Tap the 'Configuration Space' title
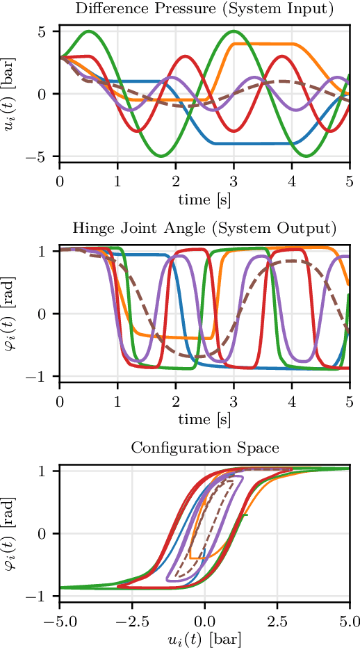tap(204, 447)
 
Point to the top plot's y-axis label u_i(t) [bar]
tap(12, 93)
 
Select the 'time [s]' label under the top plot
tap(204, 200)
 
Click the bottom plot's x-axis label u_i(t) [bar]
tap(204, 636)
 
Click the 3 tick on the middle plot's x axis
tap(234, 402)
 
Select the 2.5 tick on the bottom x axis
tap(277, 621)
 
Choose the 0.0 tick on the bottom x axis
tap(204, 621)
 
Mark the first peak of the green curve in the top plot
tap(88, 31)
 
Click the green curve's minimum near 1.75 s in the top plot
tap(161, 156)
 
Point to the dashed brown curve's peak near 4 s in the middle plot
tap(292, 261)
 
